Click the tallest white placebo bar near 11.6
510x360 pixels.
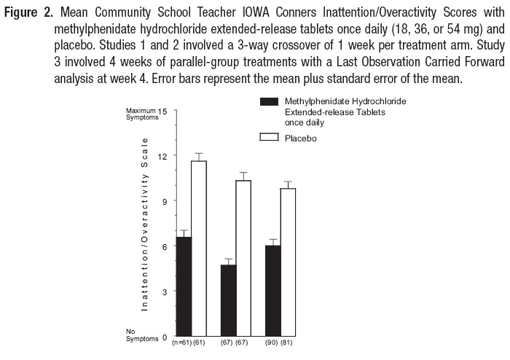[197, 249]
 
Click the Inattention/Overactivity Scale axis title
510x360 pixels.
[145, 224]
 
